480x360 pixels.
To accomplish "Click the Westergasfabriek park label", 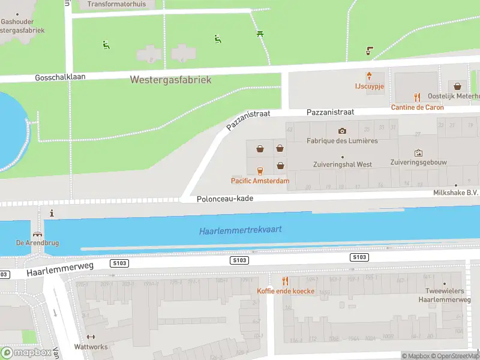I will pos(170,80).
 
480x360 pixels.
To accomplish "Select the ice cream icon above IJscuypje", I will pos(370,76).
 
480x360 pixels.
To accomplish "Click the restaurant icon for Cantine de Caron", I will pos(418,97).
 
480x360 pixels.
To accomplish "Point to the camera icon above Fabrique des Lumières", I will pos(342,131).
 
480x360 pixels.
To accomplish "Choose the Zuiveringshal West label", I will pos(342,164).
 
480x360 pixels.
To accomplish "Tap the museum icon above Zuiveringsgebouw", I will pos(418,153).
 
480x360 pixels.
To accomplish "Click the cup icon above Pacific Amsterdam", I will pos(260,170).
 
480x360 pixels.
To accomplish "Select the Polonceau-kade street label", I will pos(225,199).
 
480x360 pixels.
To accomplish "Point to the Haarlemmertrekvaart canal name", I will pos(240,230).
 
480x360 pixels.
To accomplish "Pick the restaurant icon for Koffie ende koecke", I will pos(286,281).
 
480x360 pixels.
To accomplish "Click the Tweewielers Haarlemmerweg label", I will pos(444,295).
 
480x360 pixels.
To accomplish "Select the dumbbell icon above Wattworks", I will pos(91,337).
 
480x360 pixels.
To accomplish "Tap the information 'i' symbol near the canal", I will pos(52,213).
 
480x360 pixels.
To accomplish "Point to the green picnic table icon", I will pos(260,34).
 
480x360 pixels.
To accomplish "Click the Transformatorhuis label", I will pos(116,4).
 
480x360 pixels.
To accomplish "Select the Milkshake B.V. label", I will pos(455,193).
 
